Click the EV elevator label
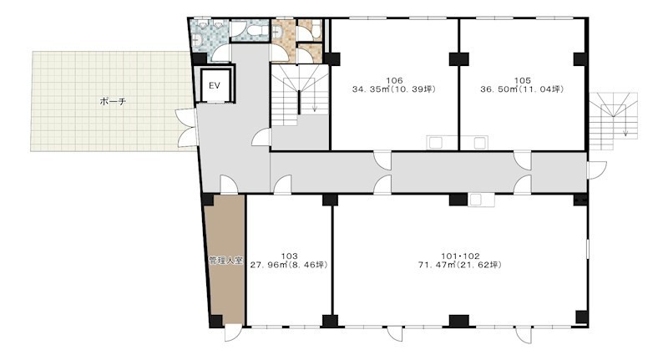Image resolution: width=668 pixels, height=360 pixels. pos(215,86)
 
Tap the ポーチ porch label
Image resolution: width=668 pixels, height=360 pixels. pos(113,102)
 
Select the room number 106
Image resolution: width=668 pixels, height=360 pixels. pos(394,80)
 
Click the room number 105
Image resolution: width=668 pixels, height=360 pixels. pos(523,80)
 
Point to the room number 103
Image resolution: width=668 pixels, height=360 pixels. pos(289,256)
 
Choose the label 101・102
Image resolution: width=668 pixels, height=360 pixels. pos(460,256)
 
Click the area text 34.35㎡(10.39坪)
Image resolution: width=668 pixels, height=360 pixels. pos(394,89)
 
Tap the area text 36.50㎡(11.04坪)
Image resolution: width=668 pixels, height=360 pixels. pos(523,89)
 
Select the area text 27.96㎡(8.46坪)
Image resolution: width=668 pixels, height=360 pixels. pos(289,265)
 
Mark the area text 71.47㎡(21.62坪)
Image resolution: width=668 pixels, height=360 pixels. pos(460,265)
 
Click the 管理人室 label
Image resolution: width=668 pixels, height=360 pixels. pos(225,261)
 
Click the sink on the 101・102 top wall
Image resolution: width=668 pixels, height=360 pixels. pos(481,200)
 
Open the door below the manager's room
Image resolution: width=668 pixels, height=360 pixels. pos(233,332)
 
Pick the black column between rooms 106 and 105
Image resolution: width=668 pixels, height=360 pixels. pos(458,59)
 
